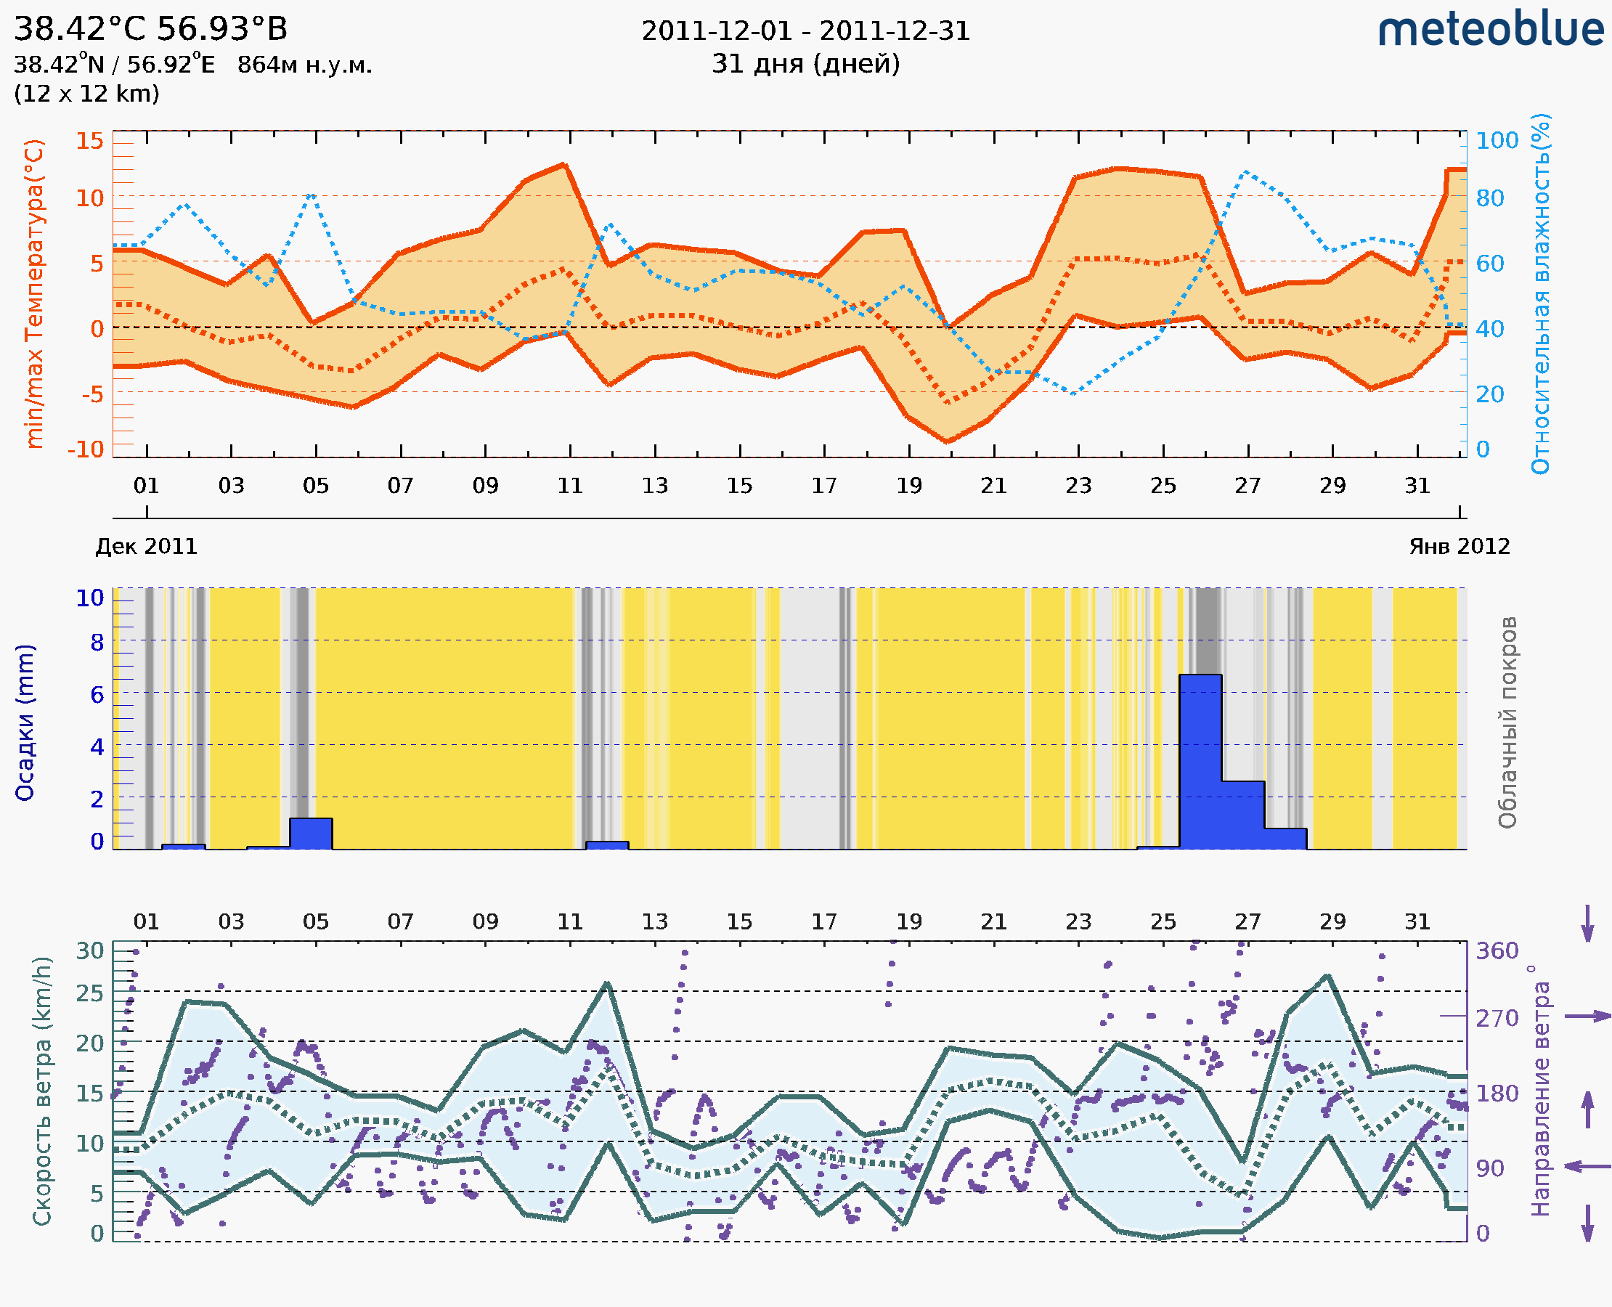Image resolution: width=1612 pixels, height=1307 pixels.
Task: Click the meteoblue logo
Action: point(1490,29)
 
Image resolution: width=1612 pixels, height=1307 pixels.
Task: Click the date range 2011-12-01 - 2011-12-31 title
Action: point(805,31)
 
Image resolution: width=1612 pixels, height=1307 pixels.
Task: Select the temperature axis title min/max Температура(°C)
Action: point(34,293)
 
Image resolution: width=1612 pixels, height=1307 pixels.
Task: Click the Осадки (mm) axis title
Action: point(25,722)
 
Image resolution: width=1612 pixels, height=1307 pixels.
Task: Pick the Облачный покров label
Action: point(1507,722)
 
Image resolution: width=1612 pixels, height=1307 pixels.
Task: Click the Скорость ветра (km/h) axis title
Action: point(42,1091)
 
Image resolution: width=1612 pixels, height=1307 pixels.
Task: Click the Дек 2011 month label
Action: point(146,547)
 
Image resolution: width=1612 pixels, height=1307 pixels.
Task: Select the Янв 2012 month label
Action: point(1460,547)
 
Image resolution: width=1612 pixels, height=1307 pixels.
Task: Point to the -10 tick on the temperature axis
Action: point(86,449)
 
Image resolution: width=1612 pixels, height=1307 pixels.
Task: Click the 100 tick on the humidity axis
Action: point(1497,141)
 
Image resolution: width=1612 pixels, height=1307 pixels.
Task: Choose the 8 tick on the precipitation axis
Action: point(97,643)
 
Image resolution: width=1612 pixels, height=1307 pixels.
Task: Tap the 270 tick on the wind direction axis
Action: point(1497,1019)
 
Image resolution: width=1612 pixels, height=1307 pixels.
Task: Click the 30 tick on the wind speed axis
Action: point(90,951)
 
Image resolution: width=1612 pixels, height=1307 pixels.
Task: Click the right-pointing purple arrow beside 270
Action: point(1587,1017)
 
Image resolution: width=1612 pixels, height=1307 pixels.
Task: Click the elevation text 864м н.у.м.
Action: point(305,65)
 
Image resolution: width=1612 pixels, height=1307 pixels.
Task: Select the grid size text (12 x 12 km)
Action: point(86,94)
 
